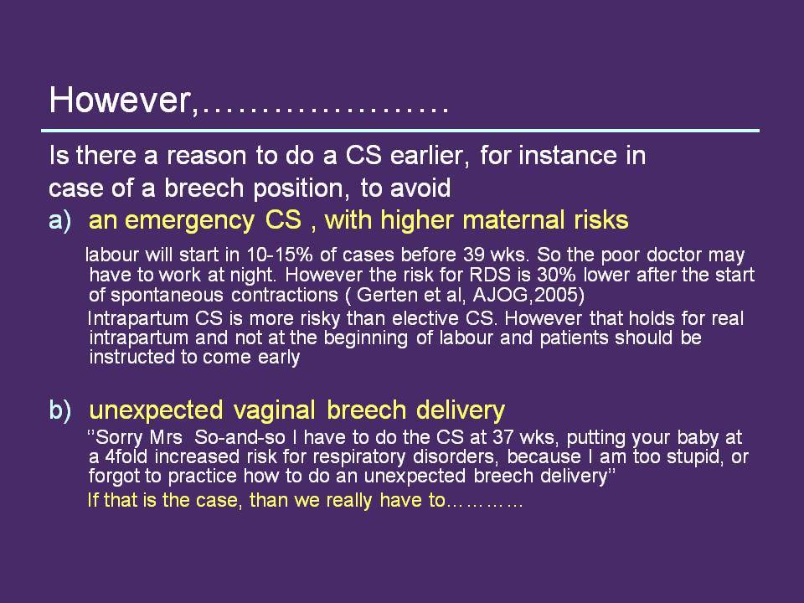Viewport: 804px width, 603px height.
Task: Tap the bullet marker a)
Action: [60, 220]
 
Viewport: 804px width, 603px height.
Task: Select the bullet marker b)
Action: [60, 410]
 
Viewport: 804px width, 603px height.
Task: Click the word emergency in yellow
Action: [189, 221]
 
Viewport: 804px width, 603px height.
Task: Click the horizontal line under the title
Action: [400, 131]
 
